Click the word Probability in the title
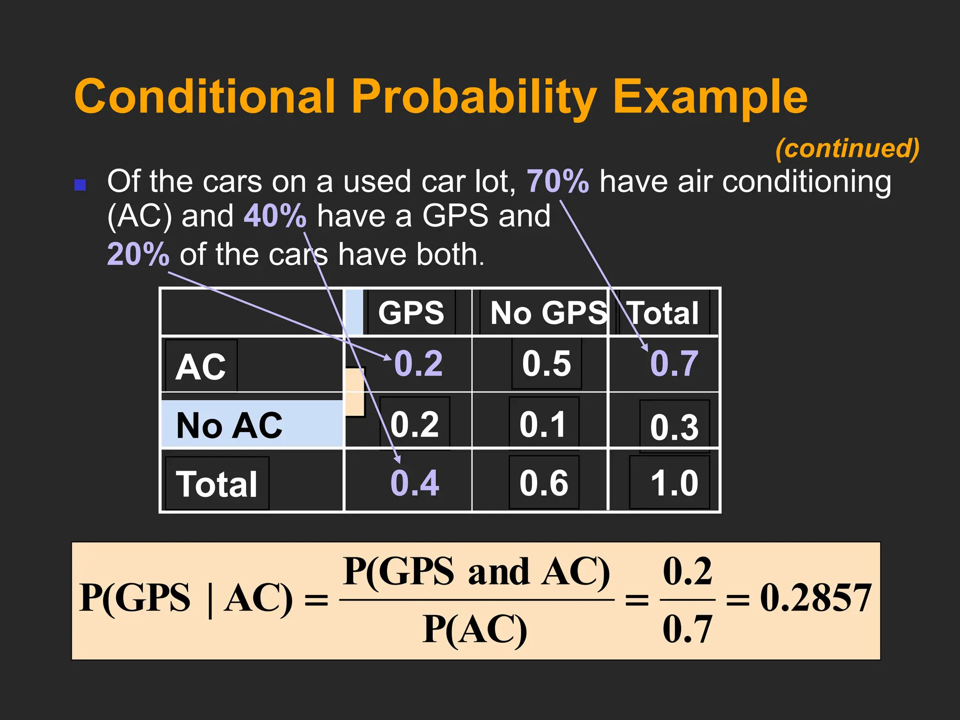point(473,97)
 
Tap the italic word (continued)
point(847,149)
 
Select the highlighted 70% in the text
point(558,181)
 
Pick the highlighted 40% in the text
point(275,216)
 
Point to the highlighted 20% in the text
point(138,255)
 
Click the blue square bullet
point(80,185)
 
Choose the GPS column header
point(411,313)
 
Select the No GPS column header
point(547,313)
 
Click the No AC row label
point(229,425)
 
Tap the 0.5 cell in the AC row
point(547,364)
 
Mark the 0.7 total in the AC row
point(674,364)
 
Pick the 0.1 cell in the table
point(543,424)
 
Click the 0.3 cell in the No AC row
point(674,427)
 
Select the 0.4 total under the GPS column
point(414,483)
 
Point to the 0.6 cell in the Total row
point(544,483)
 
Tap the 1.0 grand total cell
point(674,483)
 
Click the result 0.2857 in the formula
point(815,598)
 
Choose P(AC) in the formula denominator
point(474,630)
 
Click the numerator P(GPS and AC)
point(476,571)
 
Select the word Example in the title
point(710,97)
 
